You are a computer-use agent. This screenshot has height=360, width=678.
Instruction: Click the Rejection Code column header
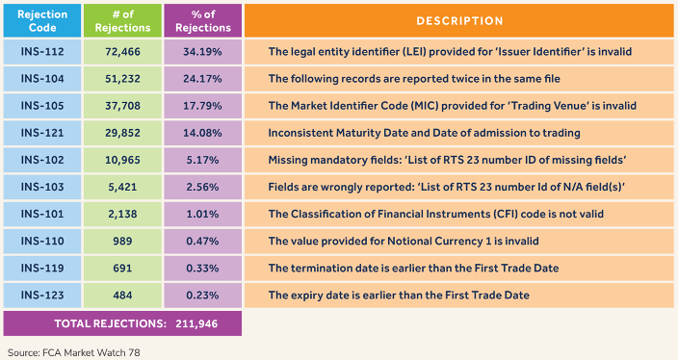pos(42,21)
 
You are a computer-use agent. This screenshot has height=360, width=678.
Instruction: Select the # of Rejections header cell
pos(122,21)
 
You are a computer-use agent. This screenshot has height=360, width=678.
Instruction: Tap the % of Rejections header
pos(203,21)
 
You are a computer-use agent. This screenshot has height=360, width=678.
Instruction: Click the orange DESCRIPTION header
pos(459,21)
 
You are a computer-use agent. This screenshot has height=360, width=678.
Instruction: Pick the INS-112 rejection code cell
pos(42,52)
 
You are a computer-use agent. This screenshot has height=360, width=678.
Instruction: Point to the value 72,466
pos(122,52)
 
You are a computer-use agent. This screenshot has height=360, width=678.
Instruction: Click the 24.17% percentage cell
pos(203,79)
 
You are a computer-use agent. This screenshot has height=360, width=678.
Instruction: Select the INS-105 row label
pos(42,106)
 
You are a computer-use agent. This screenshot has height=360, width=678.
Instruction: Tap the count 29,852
pos(122,133)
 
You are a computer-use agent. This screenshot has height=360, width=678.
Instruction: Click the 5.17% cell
pos(203,160)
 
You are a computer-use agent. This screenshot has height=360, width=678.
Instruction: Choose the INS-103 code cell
pos(42,187)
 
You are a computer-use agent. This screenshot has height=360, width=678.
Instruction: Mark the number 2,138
pos(122,214)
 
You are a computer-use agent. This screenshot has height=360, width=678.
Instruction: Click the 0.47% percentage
pos(203,242)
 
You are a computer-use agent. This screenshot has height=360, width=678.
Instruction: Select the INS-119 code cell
pos(42,268)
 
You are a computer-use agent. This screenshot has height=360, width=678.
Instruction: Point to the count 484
pos(122,296)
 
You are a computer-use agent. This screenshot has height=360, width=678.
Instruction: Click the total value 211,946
pos(196,323)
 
